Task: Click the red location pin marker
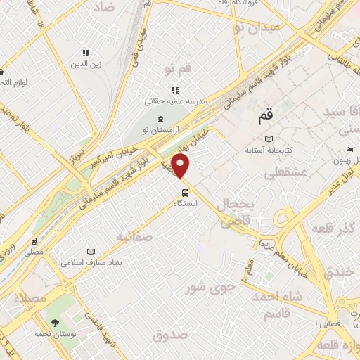pos(181,166)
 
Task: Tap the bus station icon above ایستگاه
pos(184,192)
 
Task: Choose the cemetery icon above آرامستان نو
pos(161,118)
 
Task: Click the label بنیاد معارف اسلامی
pos(91,263)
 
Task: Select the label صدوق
pos(172,335)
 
